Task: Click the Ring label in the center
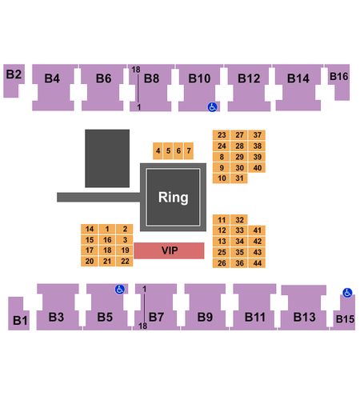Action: point(174,198)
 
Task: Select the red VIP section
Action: point(169,250)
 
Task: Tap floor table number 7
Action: point(189,150)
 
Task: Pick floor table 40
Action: point(257,168)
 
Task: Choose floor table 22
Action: point(125,261)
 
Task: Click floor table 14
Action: point(90,229)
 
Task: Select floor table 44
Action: point(257,263)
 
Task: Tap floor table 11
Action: point(222,220)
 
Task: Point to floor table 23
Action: point(222,135)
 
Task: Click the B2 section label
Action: point(14,74)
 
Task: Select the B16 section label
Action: point(338,77)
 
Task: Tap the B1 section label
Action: point(20,320)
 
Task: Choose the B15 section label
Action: point(345,319)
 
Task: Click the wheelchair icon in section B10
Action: point(212,107)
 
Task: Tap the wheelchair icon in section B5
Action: point(120,289)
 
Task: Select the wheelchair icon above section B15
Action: point(347,293)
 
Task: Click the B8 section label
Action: point(151,78)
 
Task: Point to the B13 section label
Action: point(304,317)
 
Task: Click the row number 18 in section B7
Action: point(142,326)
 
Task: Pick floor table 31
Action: point(239,178)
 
